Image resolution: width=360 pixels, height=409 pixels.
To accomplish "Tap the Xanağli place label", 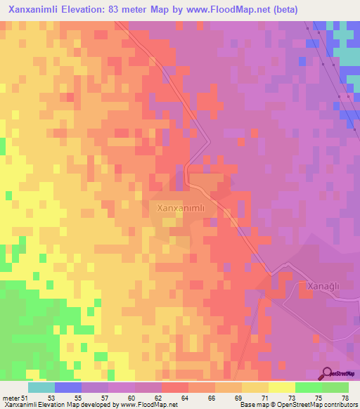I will click(x=324, y=286).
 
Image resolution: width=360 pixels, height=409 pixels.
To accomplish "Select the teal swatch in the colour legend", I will click(x=41, y=387).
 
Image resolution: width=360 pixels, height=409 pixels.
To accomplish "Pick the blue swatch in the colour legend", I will click(x=68, y=387).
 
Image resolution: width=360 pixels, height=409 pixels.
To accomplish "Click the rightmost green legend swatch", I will click(x=335, y=387).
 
